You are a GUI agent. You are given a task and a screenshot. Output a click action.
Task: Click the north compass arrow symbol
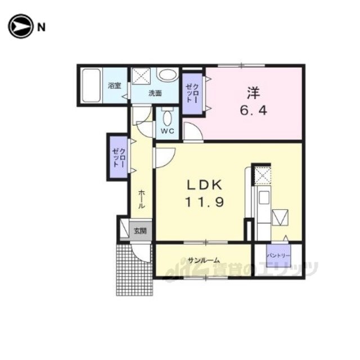point(20,26)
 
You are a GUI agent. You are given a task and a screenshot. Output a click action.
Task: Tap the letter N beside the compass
point(41,28)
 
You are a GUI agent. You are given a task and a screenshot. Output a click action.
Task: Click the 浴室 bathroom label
point(115,86)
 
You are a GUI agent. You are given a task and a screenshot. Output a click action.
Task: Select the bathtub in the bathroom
point(91,85)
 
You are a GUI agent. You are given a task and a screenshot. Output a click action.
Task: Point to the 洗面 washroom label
point(155,93)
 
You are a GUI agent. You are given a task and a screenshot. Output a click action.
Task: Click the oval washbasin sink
point(168,75)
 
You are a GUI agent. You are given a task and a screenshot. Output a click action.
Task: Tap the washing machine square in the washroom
point(141,76)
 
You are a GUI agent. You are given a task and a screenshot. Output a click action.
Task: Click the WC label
point(168,131)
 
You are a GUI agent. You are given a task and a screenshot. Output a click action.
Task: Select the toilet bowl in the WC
point(167,118)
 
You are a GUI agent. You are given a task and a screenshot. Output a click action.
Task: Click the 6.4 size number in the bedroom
point(254,111)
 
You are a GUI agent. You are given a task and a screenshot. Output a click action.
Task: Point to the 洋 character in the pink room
point(254,93)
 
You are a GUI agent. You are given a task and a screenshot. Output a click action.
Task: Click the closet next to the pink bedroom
point(192,93)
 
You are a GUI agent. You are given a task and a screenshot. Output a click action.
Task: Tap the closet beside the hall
point(119,157)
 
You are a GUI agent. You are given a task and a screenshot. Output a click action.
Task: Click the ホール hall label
point(141,199)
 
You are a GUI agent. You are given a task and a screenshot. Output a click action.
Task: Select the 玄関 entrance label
point(140,231)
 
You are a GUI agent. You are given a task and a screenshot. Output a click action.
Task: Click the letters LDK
point(205,185)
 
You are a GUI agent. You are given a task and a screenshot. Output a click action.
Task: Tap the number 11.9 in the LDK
point(205,202)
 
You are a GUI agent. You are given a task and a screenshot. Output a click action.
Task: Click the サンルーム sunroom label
point(204,260)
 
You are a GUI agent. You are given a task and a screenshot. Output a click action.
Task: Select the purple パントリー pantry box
point(278,255)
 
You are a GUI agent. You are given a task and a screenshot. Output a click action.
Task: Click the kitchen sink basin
point(264,197)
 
